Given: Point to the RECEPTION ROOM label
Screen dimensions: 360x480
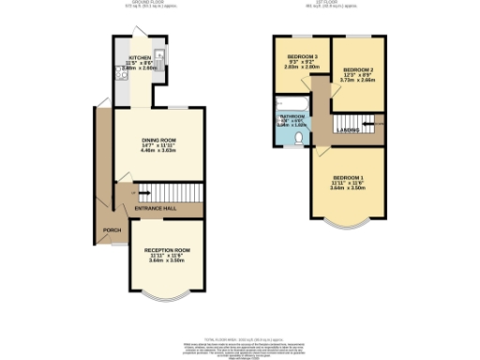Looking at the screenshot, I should tap(167, 250).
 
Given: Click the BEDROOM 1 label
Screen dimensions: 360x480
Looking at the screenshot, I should tap(348, 177).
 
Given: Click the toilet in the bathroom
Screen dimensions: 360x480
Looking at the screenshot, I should tap(296, 138).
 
